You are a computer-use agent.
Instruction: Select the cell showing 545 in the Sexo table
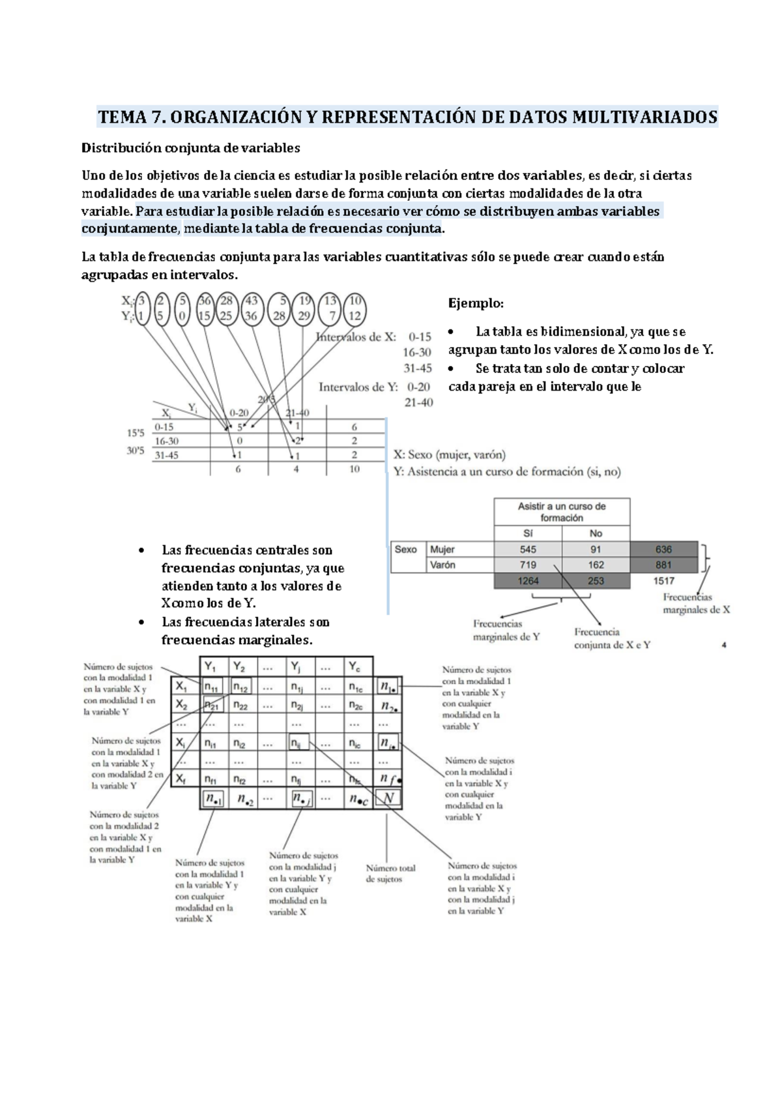coord(528,550)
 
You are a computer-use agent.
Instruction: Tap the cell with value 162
coord(596,565)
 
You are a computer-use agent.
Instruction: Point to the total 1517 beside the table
coord(663,581)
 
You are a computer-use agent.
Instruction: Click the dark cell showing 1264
coord(528,581)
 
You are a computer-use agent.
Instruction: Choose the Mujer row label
coord(442,550)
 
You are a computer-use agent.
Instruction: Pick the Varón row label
coord(442,565)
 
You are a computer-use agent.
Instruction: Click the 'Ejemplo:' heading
coord(476,304)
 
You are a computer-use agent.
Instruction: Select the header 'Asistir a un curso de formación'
coord(562,512)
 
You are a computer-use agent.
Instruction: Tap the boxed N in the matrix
coord(388,798)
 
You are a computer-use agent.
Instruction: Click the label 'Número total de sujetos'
coord(390,874)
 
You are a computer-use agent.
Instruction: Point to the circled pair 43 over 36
coord(252,308)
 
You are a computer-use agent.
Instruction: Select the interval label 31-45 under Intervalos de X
coord(417,368)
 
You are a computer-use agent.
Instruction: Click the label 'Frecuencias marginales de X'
coord(696,604)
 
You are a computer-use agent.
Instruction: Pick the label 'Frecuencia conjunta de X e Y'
coord(612,638)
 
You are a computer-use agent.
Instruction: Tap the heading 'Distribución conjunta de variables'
coord(190,148)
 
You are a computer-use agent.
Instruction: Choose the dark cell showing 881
coord(663,565)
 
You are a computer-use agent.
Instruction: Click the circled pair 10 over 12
coord(355,308)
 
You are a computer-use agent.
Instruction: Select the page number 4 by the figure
coord(724,646)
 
